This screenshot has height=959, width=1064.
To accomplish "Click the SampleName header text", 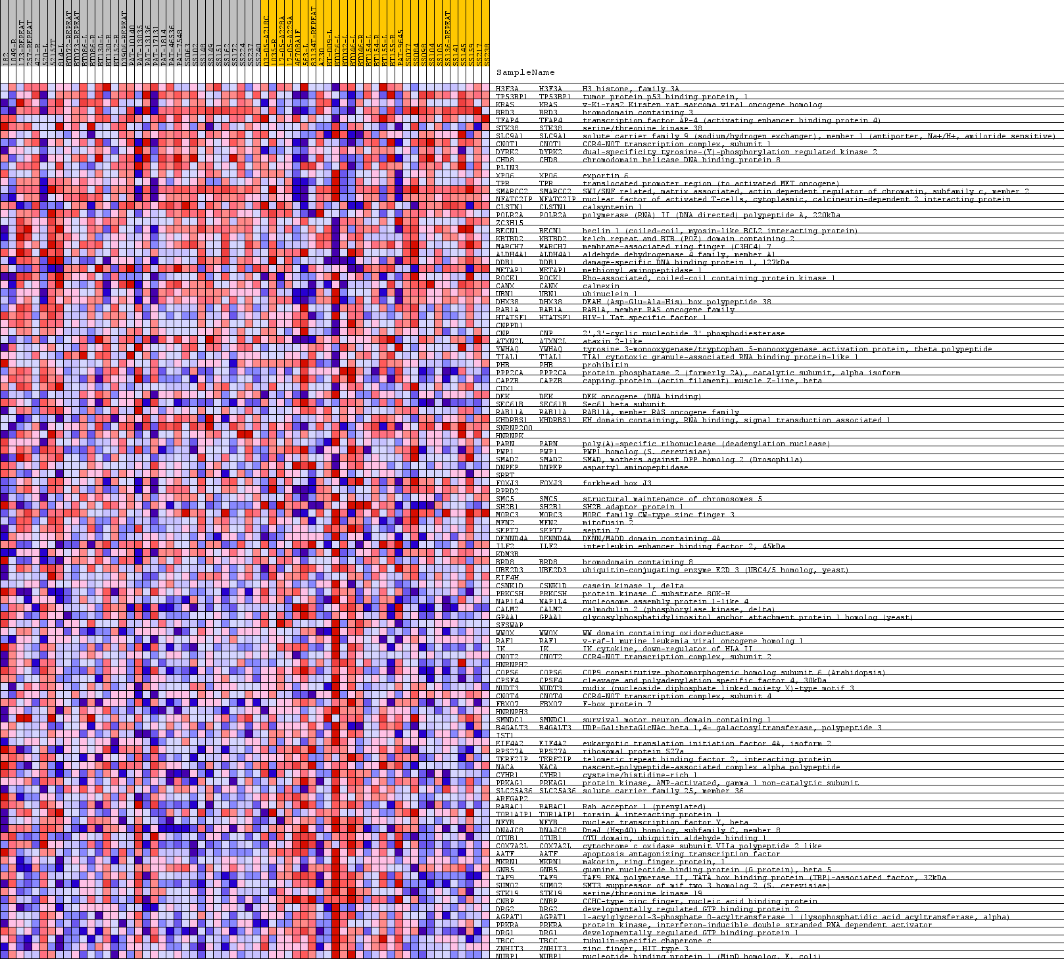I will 525,72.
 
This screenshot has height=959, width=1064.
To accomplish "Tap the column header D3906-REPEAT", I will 124,39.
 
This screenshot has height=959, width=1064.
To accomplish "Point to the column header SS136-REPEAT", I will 448,39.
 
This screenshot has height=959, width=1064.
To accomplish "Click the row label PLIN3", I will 507,168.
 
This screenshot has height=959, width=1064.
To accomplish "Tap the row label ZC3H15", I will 509,223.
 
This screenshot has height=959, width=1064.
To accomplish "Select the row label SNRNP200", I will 514,428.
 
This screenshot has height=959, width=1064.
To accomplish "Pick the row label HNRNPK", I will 510,436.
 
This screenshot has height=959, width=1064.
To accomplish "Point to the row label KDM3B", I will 507,554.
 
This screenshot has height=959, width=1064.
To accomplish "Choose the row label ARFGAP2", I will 512,799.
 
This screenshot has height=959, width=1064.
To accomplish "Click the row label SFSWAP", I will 510,625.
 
